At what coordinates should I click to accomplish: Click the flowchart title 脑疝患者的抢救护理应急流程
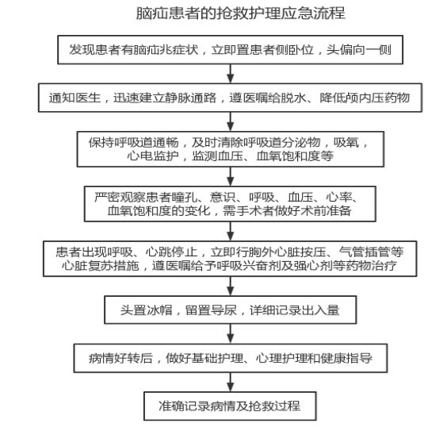(241, 13)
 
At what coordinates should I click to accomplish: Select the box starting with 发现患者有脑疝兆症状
(230, 50)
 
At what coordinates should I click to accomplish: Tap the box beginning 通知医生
(230, 98)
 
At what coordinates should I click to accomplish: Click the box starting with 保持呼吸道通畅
(231, 149)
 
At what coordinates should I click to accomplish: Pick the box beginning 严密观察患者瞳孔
(230, 204)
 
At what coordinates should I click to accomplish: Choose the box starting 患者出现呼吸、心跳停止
(230, 259)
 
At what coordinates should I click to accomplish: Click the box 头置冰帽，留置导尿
(231, 310)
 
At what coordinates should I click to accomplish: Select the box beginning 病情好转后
(231, 358)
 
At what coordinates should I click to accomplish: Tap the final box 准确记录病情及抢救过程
(230, 406)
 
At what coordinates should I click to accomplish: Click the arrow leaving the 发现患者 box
(231, 74)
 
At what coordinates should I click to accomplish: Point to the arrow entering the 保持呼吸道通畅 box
(231, 121)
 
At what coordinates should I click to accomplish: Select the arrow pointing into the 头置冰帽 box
(231, 286)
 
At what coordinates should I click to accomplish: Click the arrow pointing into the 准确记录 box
(231, 382)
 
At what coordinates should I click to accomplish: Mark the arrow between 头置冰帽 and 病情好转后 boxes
(231, 333)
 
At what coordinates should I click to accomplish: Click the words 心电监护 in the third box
(153, 156)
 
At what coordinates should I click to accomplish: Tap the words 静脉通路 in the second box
(191, 98)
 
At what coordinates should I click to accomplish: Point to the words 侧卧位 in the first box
(295, 50)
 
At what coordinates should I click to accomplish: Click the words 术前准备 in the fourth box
(325, 210)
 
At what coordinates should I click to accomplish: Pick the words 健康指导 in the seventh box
(346, 358)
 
